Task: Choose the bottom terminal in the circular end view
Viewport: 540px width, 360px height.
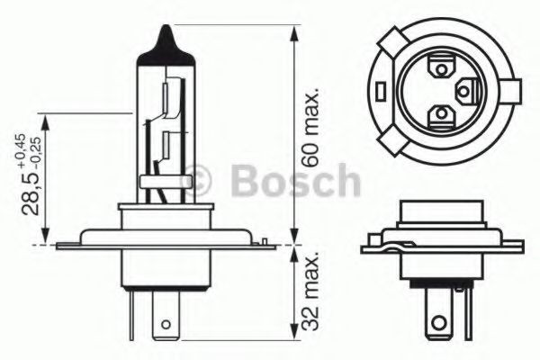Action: (x=441, y=113)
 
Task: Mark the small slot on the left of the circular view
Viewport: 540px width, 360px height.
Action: (x=382, y=90)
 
